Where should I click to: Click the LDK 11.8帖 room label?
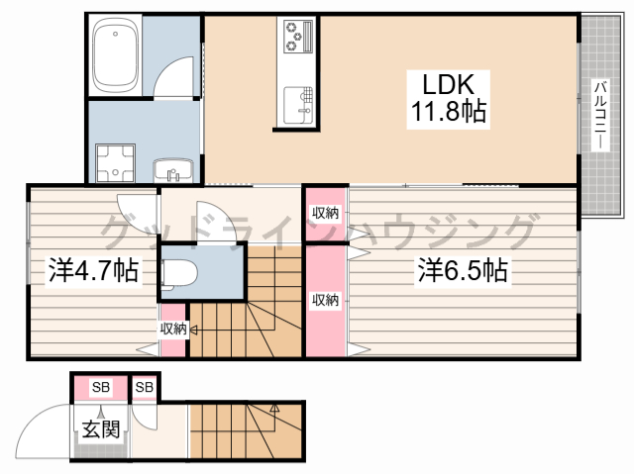coord(448,99)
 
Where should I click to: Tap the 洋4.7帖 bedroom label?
coord(93,270)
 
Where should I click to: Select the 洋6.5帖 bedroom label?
coord(463,270)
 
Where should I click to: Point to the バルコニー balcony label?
coord(600,115)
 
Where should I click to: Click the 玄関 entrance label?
coord(101,429)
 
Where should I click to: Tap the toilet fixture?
coord(179,274)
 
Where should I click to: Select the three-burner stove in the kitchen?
coord(298,37)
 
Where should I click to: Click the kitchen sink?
coord(298,105)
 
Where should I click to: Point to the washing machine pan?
coord(115,162)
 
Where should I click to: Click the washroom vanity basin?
coord(173,170)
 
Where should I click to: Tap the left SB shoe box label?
coord(101,387)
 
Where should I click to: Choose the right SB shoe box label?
coord(145,387)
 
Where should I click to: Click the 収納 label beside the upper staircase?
coord(173,329)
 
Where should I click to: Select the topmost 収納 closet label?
coord(325,213)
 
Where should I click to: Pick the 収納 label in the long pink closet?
coord(325,300)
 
